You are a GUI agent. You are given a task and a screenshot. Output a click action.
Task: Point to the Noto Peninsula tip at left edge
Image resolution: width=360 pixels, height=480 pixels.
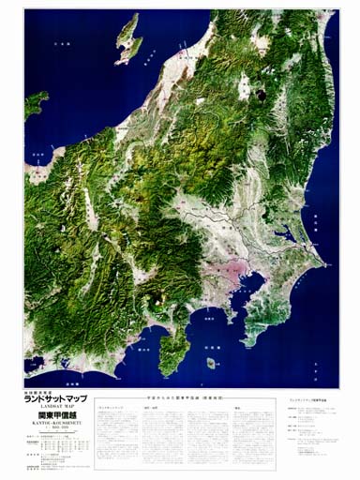coord(36,102)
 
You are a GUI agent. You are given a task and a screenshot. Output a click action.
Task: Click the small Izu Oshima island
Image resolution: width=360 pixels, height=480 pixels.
coord(212,360)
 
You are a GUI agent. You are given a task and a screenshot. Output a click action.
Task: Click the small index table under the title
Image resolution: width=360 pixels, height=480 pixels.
coord(56,453)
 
